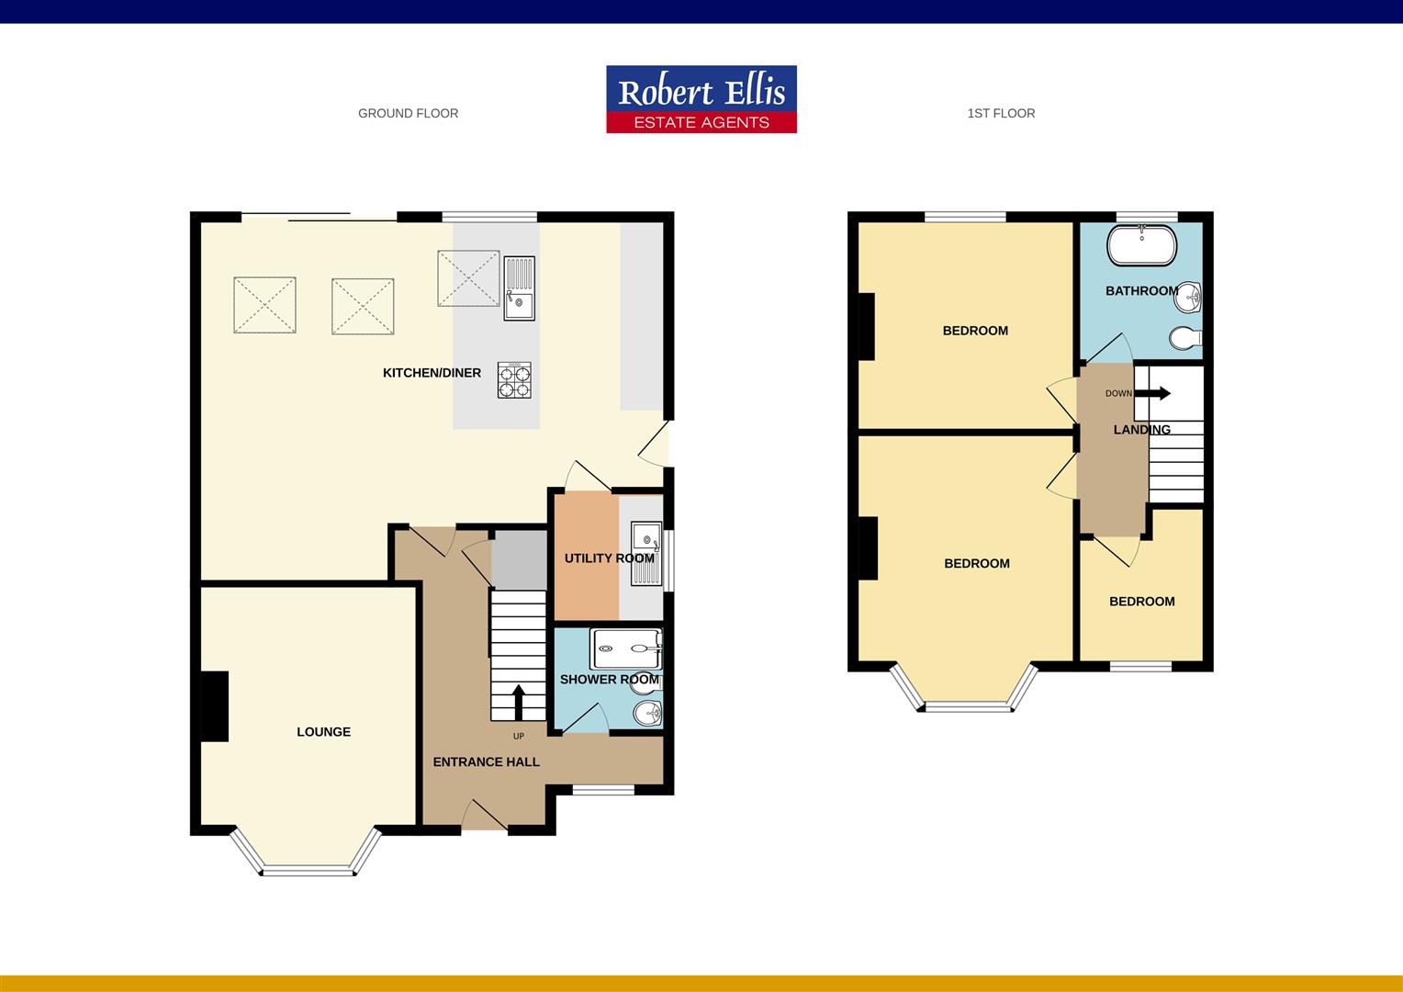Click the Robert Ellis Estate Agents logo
pos(701,99)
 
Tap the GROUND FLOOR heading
pos(408,114)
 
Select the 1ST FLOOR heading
pos(1001,114)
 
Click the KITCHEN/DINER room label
pos(432,373)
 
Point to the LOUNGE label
pos(323,732)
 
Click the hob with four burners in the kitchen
pos(514,380)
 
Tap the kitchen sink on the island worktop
pos(519,287)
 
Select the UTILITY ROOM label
pos(609,558)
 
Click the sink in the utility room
pos(646,554)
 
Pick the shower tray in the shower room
pos(626,648)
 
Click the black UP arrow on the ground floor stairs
pos(517,703)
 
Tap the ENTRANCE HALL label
pos(486,762)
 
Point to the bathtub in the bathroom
pos(1141,245)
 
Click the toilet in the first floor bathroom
pos(1185,338)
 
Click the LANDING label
pos(1141,430)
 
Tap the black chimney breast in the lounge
pos(215,705)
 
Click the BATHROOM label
pos(1141,291)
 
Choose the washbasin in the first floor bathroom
pos(1191,296)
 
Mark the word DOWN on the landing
pos(1118,394)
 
